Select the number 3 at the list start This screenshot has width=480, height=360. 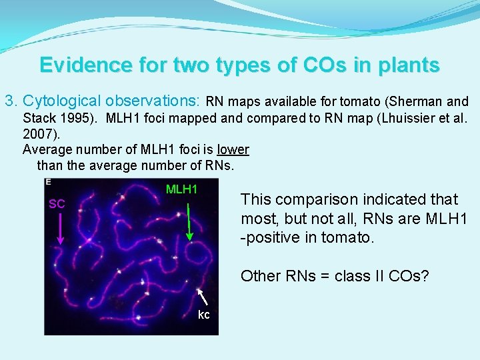coord(9,102)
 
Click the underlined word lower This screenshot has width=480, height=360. coord(233,149)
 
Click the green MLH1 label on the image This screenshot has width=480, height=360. coord(182,189)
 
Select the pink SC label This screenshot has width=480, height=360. coord(57,204)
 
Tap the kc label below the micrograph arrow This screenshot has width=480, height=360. coord(204,315)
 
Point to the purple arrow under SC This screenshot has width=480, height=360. coord(59,227)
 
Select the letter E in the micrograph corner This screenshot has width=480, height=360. coord(48,181)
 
